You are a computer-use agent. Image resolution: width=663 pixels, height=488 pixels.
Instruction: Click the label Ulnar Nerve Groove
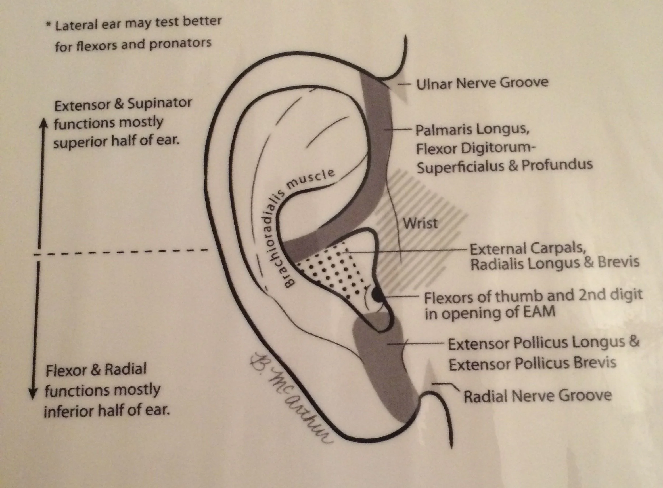click(482, 83)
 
